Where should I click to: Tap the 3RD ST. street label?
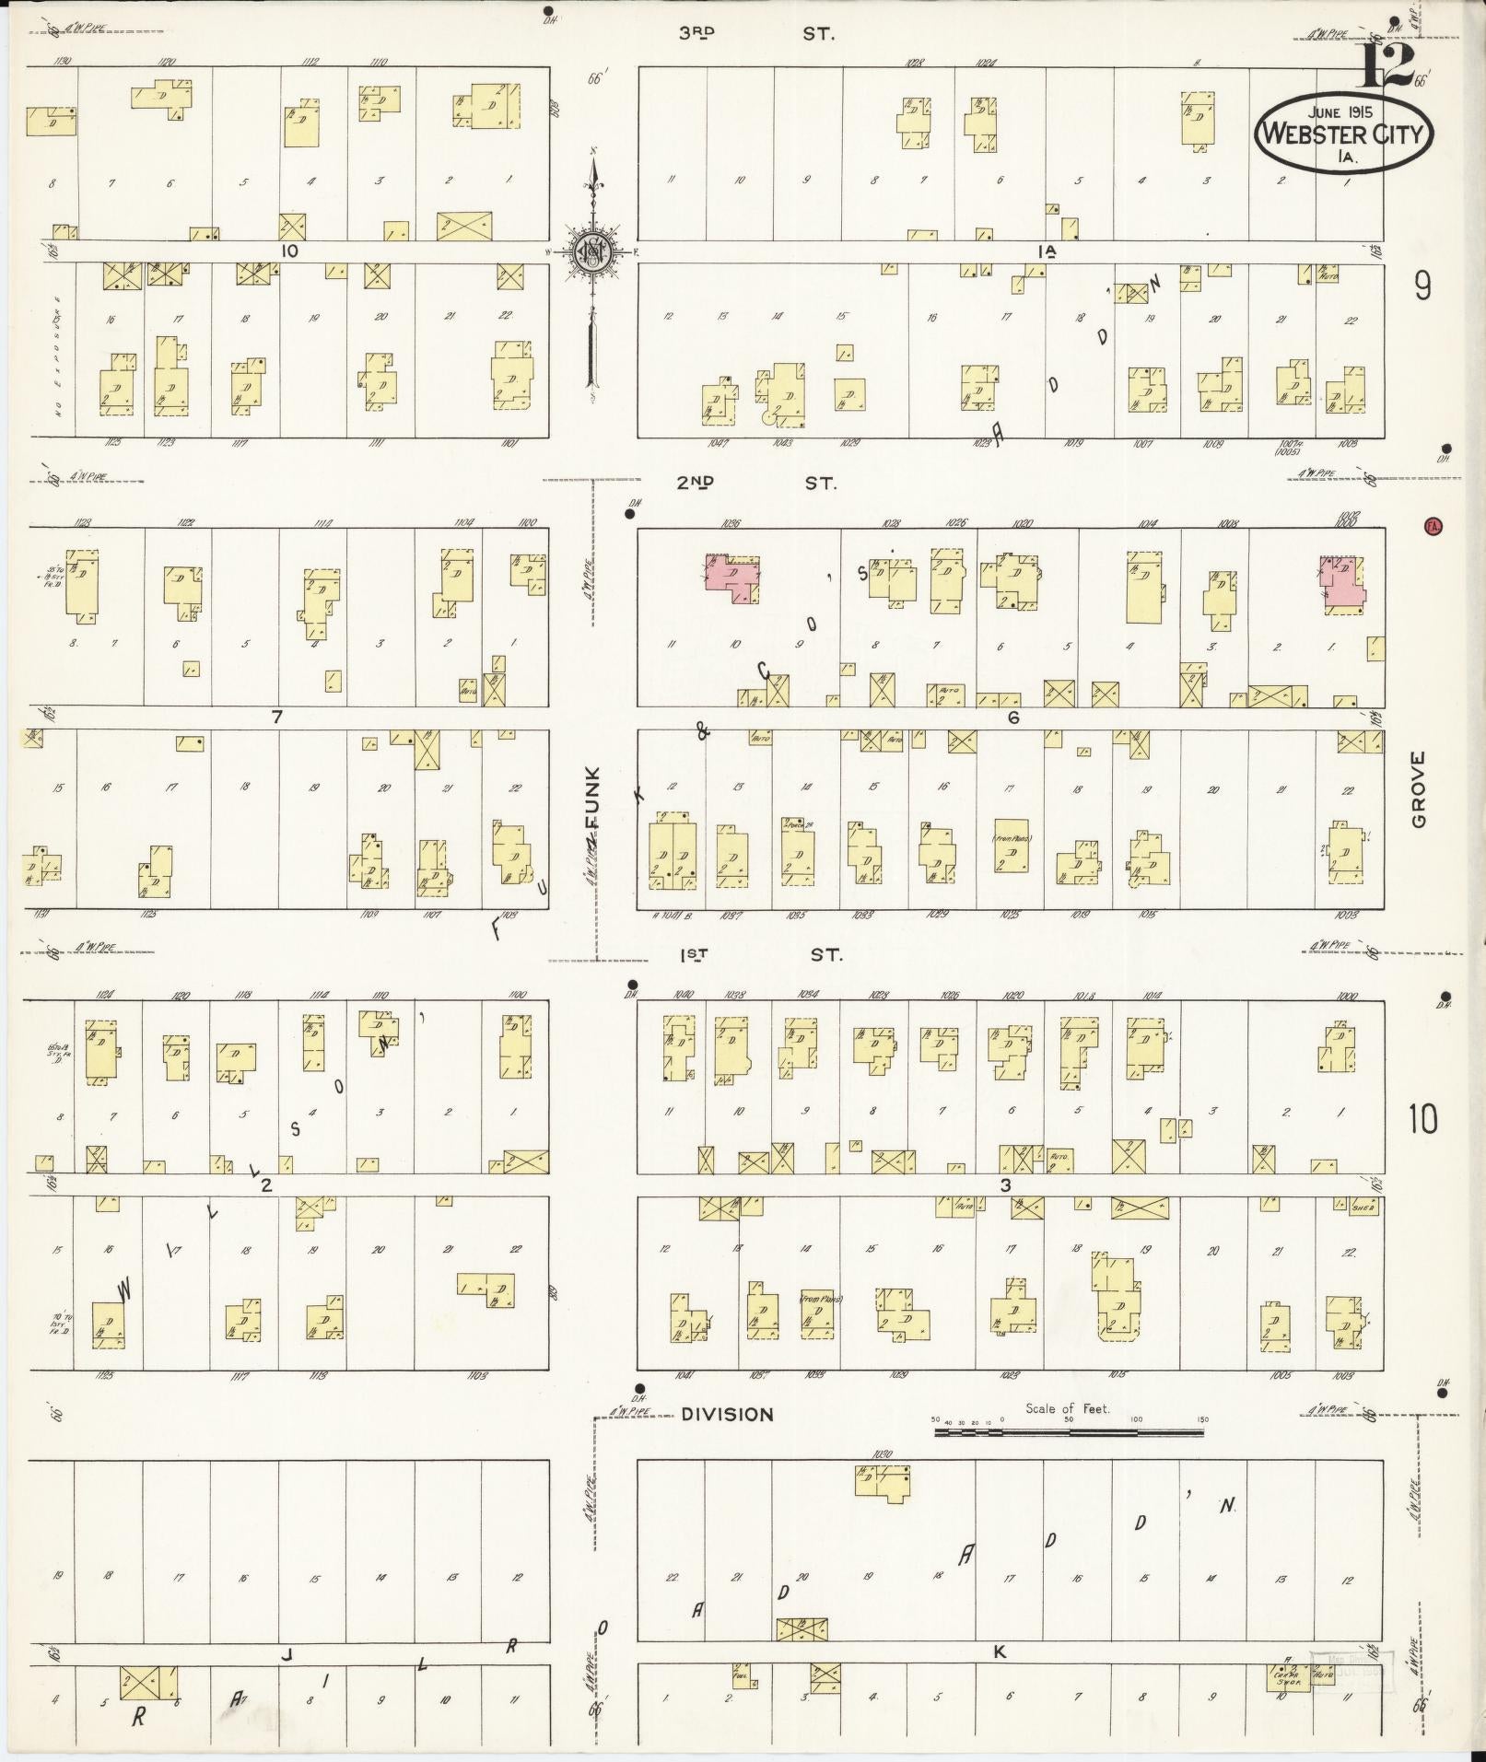[755, 34]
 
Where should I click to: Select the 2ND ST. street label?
[755, 482]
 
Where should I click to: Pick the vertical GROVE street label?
[1417, 788]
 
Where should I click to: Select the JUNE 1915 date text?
[1341, 111]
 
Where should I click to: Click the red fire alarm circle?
[1433, 527]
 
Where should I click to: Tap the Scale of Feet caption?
[1068, 1408]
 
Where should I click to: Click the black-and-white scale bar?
[1069, 1433]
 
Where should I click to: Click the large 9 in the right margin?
[1422, 287]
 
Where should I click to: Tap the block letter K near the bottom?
[1000, 1652]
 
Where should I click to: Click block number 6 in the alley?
[1012, 718]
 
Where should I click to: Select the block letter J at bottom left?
[287, 1655]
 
